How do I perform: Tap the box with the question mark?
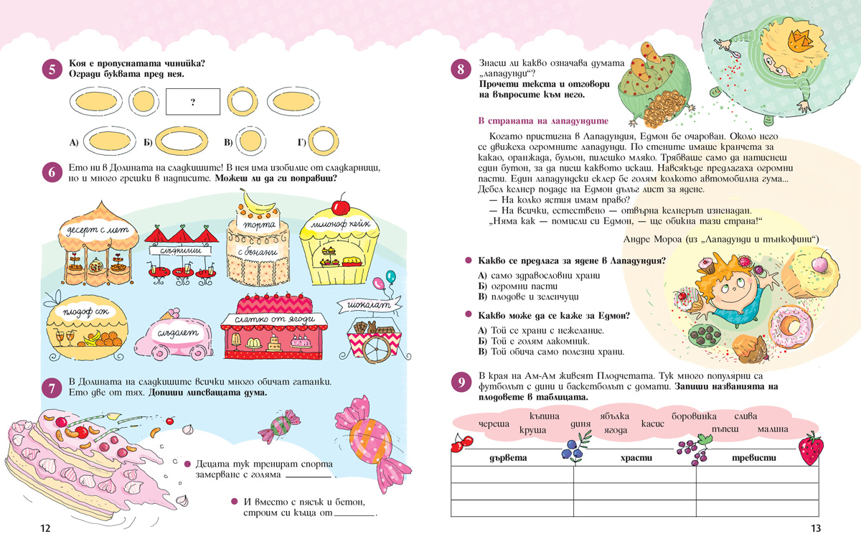(x=193, y=102)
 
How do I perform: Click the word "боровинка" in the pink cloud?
(x=694, y=416)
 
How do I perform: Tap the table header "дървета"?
(x=507, y=458)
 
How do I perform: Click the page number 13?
(x=815, y=529)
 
